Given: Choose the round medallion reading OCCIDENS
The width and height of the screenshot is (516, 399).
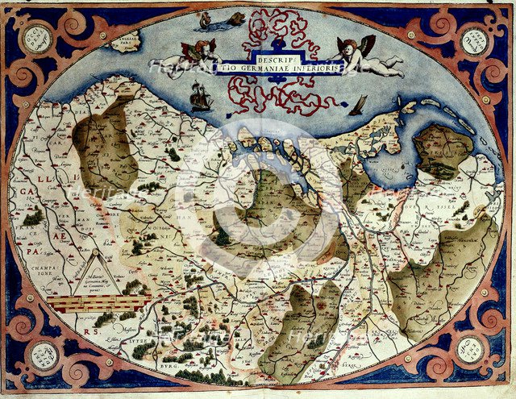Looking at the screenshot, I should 35,38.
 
